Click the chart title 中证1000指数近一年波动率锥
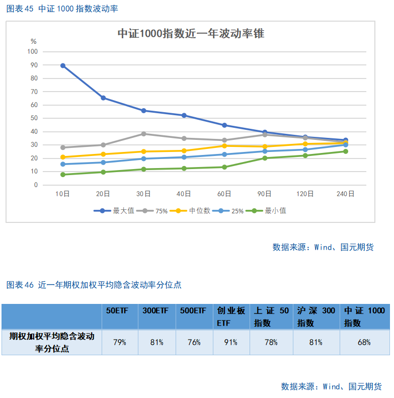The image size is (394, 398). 191,34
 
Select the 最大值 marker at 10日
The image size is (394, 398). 63,65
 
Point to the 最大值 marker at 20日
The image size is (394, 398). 103,98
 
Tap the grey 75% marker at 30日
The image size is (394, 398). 143,134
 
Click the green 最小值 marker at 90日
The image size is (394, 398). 265,158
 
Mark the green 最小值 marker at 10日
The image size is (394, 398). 63,175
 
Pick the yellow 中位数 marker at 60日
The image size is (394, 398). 224,146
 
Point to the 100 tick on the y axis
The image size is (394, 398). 33,51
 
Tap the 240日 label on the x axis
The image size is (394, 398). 345,194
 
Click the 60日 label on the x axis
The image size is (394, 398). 224,194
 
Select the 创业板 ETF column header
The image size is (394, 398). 230,317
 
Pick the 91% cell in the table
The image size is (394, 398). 230,342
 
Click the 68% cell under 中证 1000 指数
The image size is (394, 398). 364,342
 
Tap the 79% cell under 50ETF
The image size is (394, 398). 119,342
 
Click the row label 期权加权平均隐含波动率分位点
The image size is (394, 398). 51,342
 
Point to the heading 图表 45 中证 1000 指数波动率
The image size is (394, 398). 62,9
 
